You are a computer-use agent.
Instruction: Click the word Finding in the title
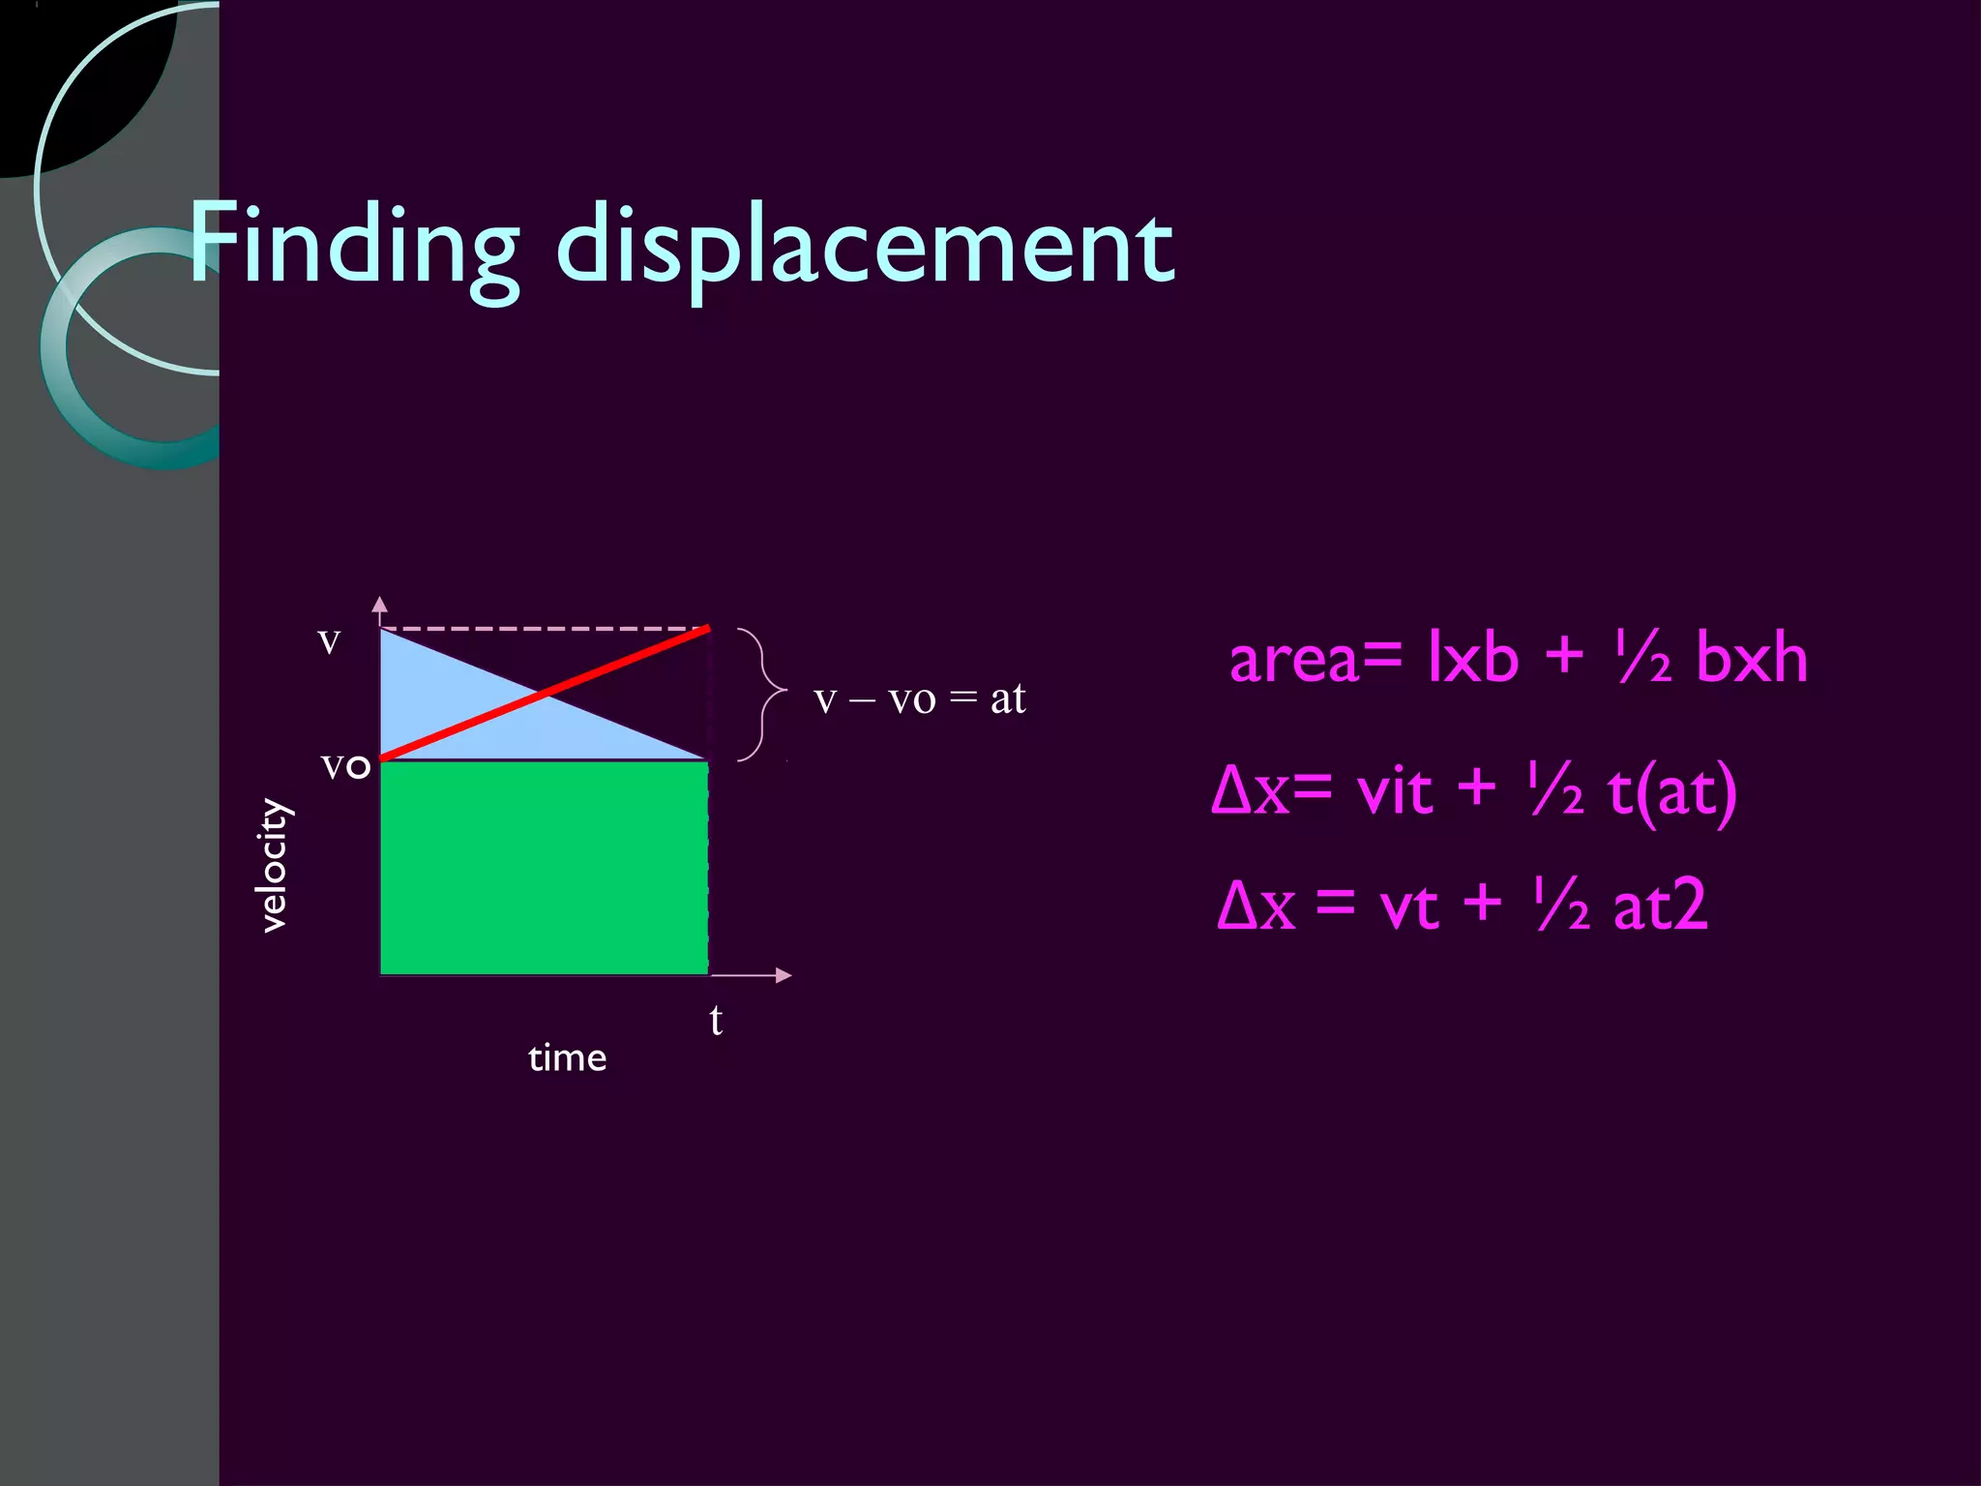click(x=354, y=244)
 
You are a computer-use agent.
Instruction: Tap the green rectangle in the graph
click(x=544, y=868)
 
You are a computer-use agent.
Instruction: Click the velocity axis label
click(x=275, y=865)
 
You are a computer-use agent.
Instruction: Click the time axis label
click(x=568, y=1058)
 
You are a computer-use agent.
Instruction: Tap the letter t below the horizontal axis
click(x=716, y=1021)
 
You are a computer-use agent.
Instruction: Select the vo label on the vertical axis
click(x=345, y=765)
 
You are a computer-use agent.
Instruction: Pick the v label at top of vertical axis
click(x=330, y=640)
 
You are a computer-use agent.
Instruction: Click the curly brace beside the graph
click(x=764, y=694)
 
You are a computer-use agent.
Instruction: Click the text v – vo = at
click(x=919, y=698)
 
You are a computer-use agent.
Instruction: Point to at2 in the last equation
click(x=1659, y=907)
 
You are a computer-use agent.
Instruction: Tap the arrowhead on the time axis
click(x=784, y=975)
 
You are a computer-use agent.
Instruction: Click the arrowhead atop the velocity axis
click(x=380, y=605)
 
